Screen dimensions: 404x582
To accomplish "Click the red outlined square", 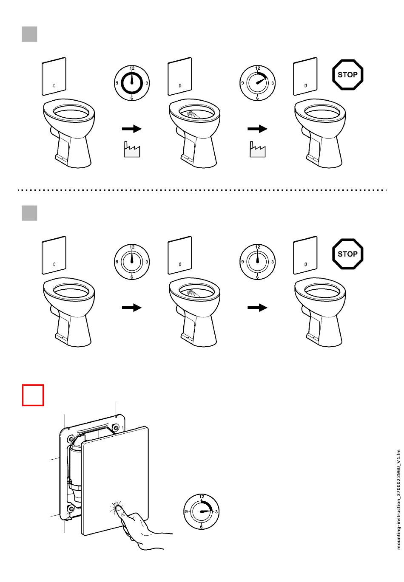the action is tap(33, 395).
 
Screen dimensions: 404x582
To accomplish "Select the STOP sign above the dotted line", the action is tap(347, 75).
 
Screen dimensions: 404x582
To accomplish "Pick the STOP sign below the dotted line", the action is tap(347, 254).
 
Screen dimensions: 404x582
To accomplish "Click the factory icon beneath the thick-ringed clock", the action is tap(132, 150).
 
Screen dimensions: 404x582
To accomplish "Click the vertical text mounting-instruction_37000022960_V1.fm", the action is tap(398, 500).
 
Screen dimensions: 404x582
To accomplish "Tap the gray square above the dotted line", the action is tap(29, 34).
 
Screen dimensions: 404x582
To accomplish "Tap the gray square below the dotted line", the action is tap(29, 213).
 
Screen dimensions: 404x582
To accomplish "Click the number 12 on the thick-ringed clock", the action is tap(132, 68).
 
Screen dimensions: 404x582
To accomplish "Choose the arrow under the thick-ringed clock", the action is tap(132, 129).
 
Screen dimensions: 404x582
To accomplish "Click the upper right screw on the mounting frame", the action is tap(115, 427).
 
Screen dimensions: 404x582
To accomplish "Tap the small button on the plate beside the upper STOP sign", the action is tap(306, 85).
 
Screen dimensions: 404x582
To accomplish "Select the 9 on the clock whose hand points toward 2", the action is tap(242, 83).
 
